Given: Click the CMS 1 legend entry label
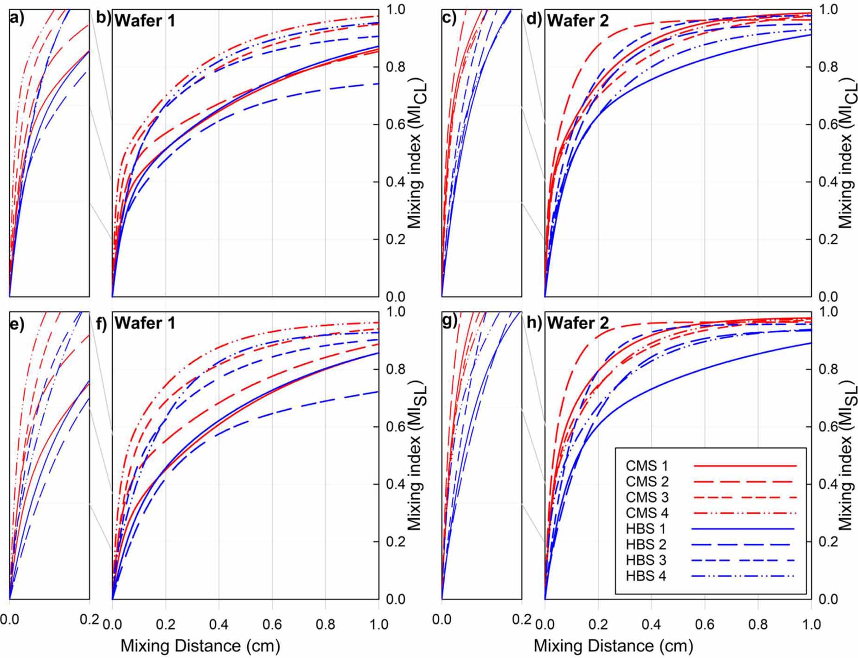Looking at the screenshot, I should (647, 465).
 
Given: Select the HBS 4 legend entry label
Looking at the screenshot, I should (646, 576).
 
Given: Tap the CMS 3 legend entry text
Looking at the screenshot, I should (647, 497).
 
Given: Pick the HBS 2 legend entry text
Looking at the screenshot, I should (646, 544).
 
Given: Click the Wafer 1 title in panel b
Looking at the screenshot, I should (145, 21).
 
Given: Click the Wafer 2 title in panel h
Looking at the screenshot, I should (577, 323).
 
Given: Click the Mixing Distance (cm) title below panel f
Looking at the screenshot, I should (200, 645).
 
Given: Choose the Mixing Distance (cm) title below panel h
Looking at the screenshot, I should (613, 645).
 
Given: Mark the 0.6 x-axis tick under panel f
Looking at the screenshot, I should (272, 625).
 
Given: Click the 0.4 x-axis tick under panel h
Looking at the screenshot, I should (651, 625).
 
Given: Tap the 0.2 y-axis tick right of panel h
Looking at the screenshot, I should (828, 542).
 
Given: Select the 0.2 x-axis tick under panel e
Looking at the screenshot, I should (89, 620).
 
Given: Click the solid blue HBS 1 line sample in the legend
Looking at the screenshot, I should (743, 529).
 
